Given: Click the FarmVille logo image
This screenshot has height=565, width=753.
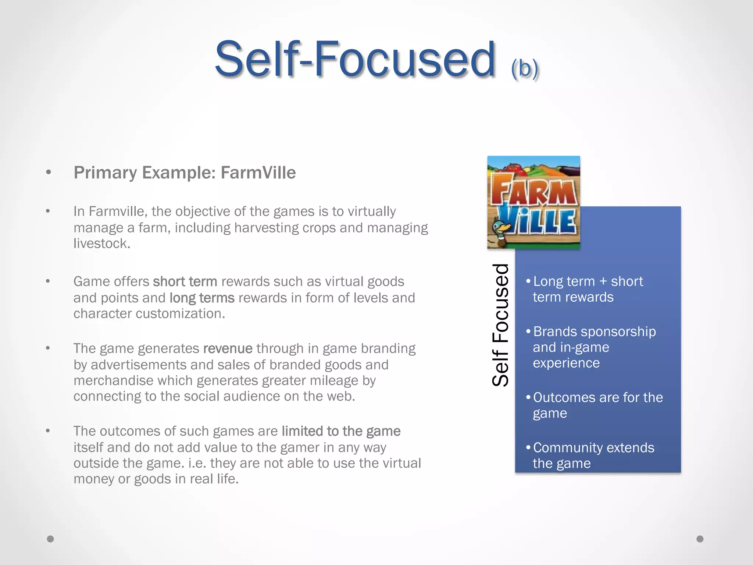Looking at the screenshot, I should [533, 202].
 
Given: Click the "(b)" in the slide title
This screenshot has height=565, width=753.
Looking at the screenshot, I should [525, 68].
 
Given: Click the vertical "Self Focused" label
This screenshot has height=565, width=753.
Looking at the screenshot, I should [500, 325].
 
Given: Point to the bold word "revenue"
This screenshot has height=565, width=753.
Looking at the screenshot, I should [228, 348].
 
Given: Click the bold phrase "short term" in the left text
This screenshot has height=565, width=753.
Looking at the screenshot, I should [185, 281].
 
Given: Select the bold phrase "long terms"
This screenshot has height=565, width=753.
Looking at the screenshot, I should [202, 298].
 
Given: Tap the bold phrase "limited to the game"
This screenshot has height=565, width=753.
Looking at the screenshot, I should [341, 431].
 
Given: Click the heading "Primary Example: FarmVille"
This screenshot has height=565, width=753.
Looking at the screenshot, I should [185, 173].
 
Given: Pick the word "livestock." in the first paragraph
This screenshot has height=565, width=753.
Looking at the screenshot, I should [102, 244].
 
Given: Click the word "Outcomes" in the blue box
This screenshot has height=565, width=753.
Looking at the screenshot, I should [558, 397].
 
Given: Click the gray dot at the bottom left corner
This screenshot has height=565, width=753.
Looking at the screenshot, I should [50, 539].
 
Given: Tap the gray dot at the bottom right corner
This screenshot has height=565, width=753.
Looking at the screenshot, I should [700, 539].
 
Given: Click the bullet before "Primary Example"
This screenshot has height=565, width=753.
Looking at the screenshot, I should [48, 173].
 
